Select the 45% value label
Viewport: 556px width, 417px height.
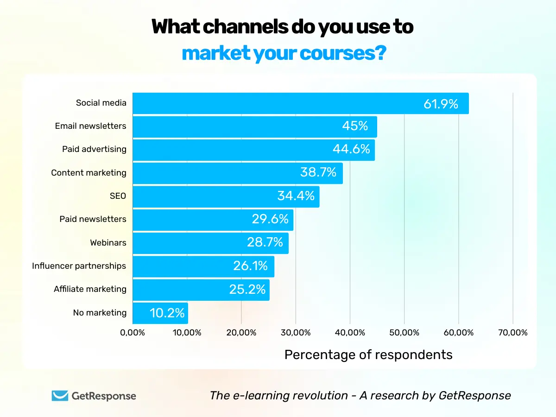point(355,126)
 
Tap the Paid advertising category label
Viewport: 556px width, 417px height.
point(94,149)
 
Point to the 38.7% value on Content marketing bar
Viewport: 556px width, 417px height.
point(318,173)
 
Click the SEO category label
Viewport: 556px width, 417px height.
point(118,196)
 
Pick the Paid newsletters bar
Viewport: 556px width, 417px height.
point(213,220)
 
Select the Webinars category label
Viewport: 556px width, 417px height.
point(108,242)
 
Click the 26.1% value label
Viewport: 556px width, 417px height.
point(250,266)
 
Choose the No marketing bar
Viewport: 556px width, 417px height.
point(160,313)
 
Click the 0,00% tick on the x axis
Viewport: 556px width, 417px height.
point(133,333)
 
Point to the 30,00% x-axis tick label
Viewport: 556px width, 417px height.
point(296,333)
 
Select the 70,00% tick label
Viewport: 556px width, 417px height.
point(513,333)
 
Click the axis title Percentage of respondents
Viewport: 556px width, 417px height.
point(368,354)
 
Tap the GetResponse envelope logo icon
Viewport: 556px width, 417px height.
point(60,396)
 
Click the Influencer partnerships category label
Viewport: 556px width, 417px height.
point(79,266)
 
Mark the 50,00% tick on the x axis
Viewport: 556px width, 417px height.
point(404,333)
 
